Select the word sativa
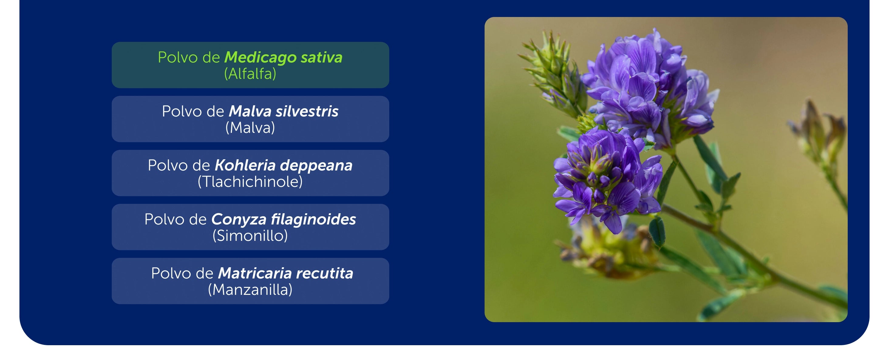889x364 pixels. coord(322,57)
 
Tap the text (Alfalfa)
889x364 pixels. coord(250,74)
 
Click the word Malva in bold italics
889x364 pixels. coord(250,111)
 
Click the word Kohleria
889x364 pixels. coord(245,165)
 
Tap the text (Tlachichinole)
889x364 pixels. coord(250,182)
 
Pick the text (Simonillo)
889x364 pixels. coord(250,236)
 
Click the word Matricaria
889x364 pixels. coord(255,273)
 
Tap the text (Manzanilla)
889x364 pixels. coord(250,290)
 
